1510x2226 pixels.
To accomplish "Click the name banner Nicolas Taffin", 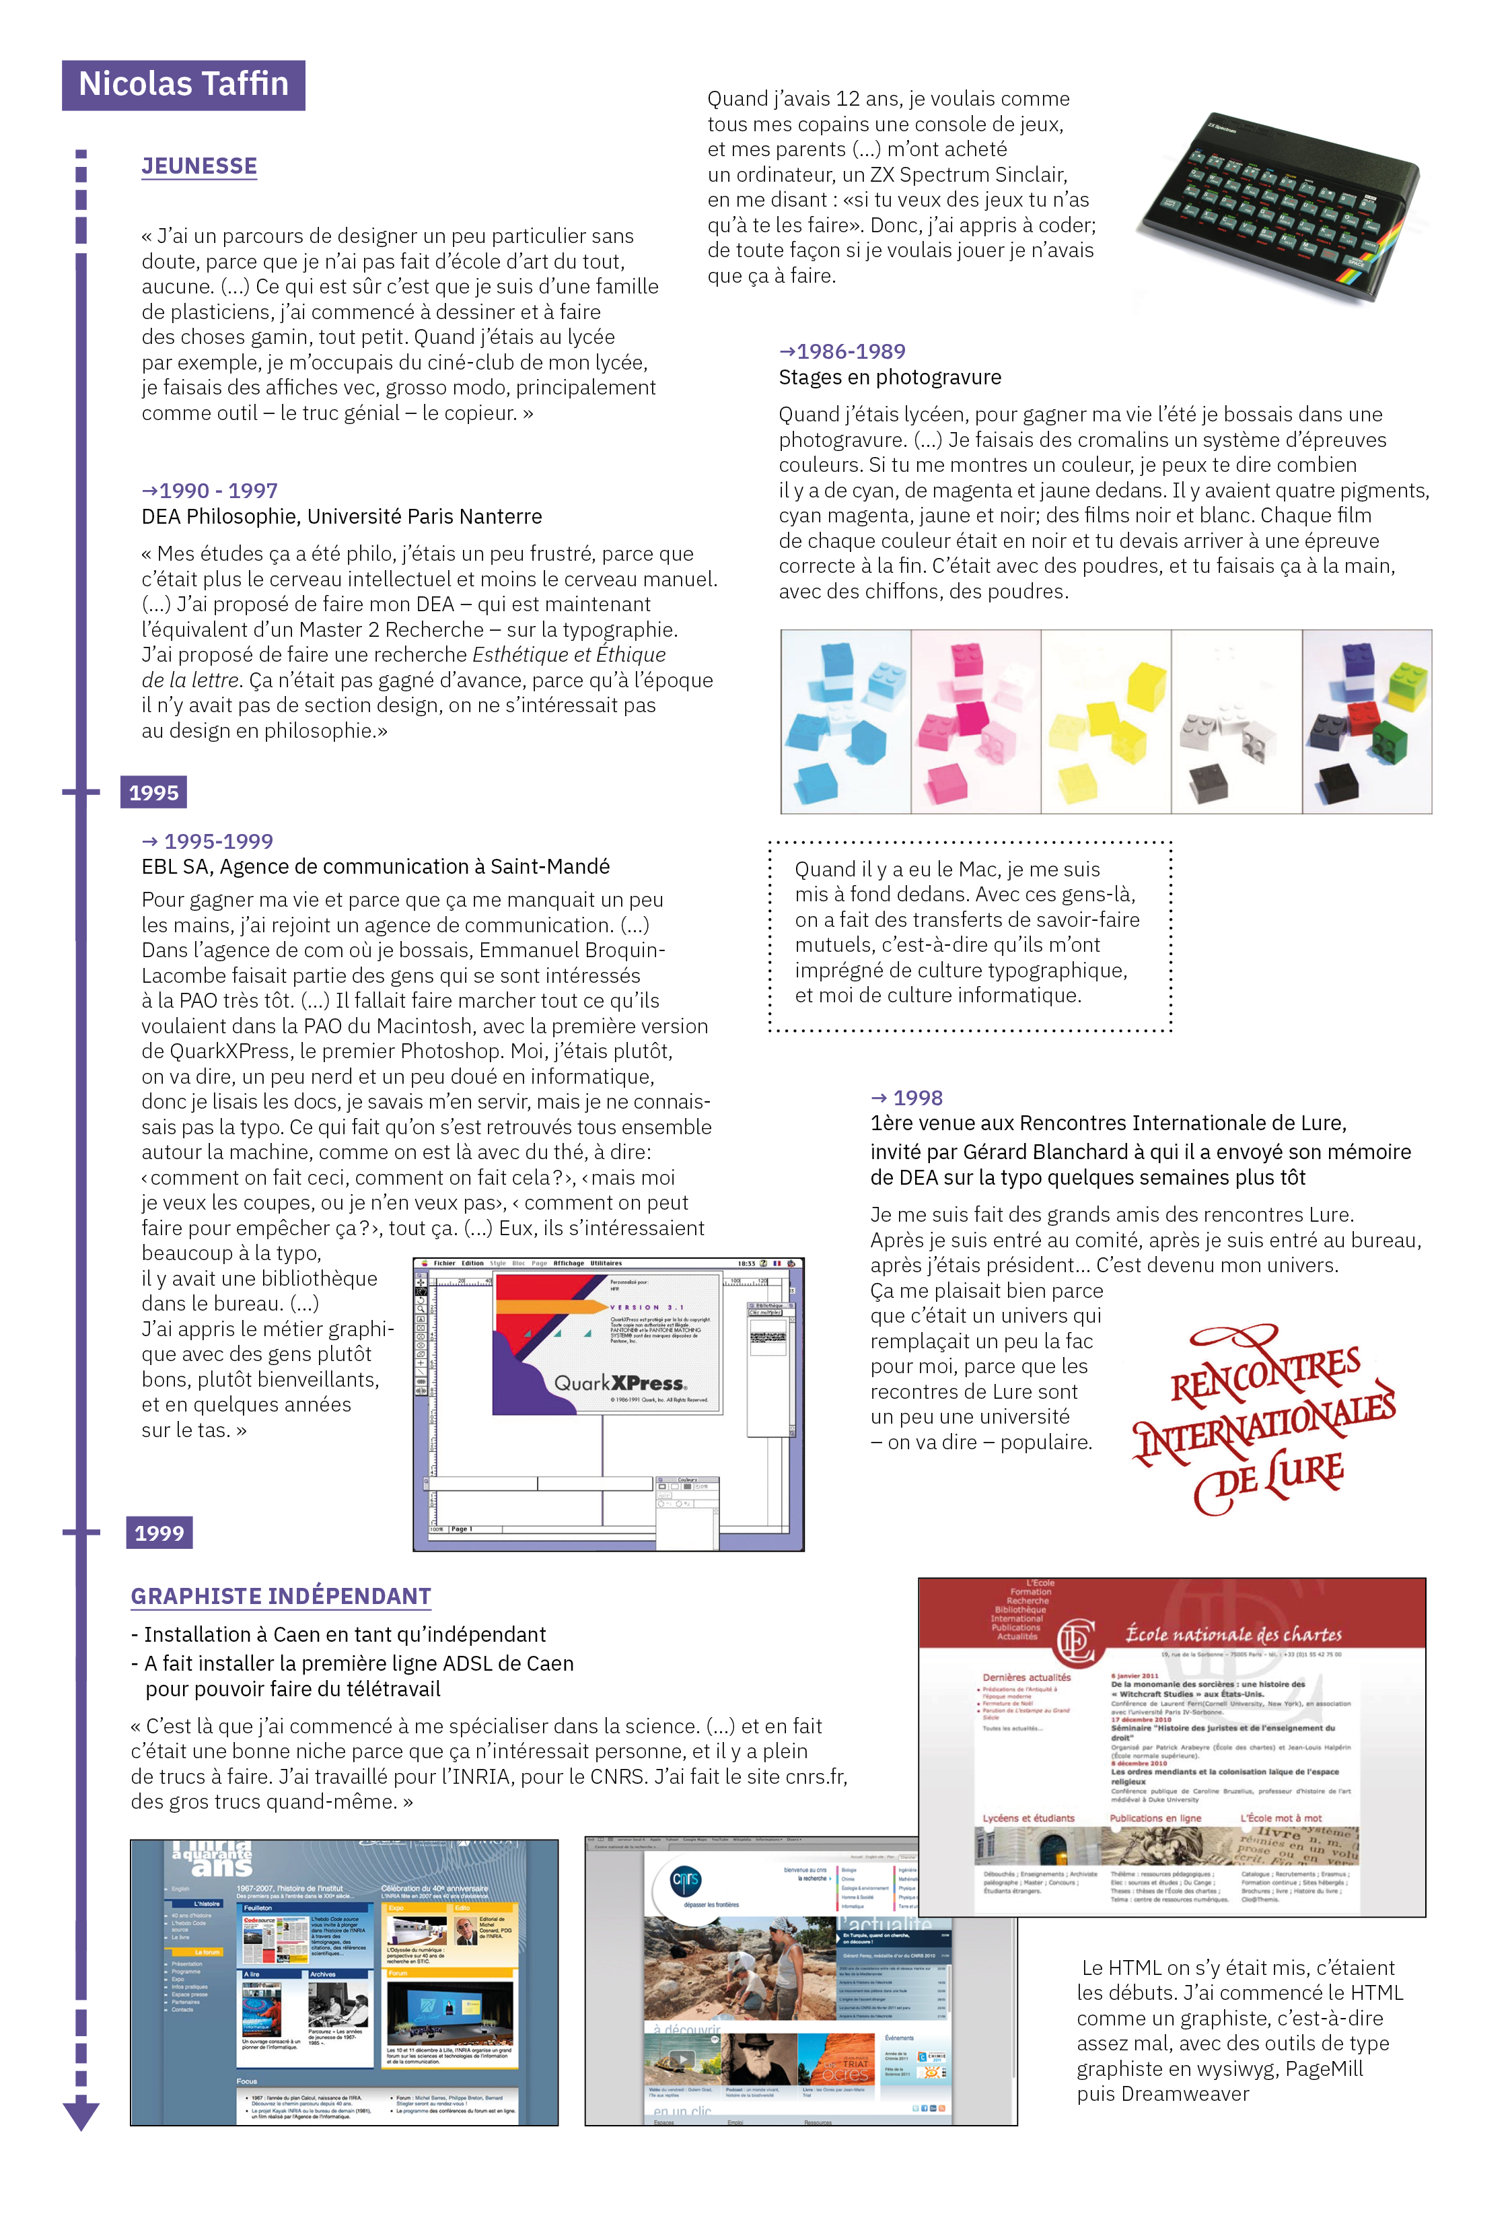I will pos(183,84).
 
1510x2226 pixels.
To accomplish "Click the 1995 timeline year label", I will pos(153,792).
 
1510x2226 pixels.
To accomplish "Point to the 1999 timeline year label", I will pos(159,1533).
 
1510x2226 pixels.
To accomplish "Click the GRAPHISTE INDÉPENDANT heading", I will pos(281,1596).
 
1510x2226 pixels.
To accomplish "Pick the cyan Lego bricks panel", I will pos(845,722).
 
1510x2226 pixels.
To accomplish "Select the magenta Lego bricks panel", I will pos(976,722).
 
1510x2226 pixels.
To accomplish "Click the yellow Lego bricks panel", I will pos(1106,722).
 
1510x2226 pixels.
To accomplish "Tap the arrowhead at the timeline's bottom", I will pos(81,2114).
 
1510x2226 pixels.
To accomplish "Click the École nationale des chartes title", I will pos(1233,1634).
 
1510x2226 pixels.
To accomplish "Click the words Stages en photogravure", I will pos(890,378).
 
